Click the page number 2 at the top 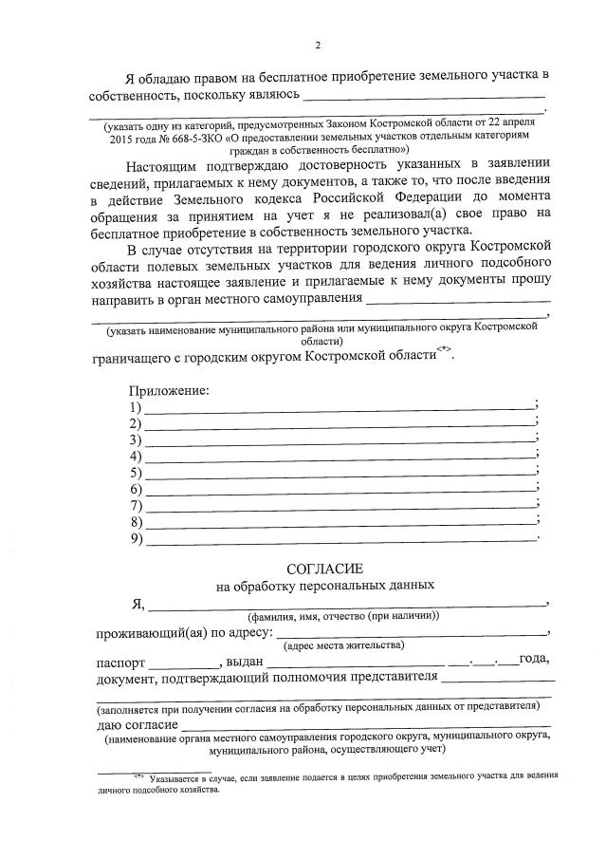click(x=318, y=46)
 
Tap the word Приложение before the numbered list click(x=169, y=390)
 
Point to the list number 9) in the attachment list click(x=136, y=540)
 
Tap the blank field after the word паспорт click(x=184, y=663)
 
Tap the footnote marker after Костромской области click(x=441, y=350)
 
